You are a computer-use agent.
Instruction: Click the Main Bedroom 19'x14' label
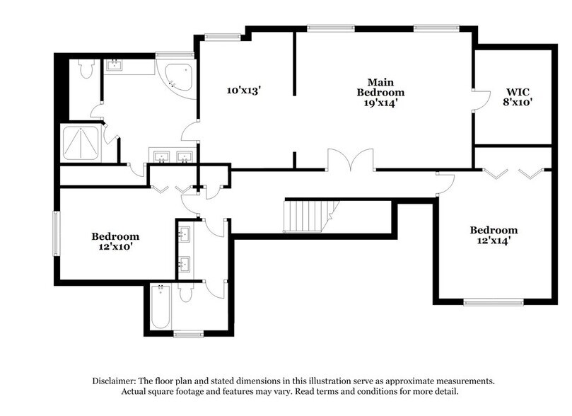coord(380,92)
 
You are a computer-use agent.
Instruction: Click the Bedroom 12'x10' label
coord(115,242)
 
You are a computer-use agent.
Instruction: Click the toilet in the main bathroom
coord(86,69)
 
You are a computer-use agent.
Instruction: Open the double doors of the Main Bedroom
coord(350,161)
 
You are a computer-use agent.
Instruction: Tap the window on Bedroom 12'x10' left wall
coord(57,231)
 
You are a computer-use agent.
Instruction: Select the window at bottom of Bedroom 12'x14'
coord(494,302)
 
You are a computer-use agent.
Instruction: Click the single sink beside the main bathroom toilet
coord(115,67)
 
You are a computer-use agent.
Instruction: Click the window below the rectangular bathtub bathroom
coord(188,333)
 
